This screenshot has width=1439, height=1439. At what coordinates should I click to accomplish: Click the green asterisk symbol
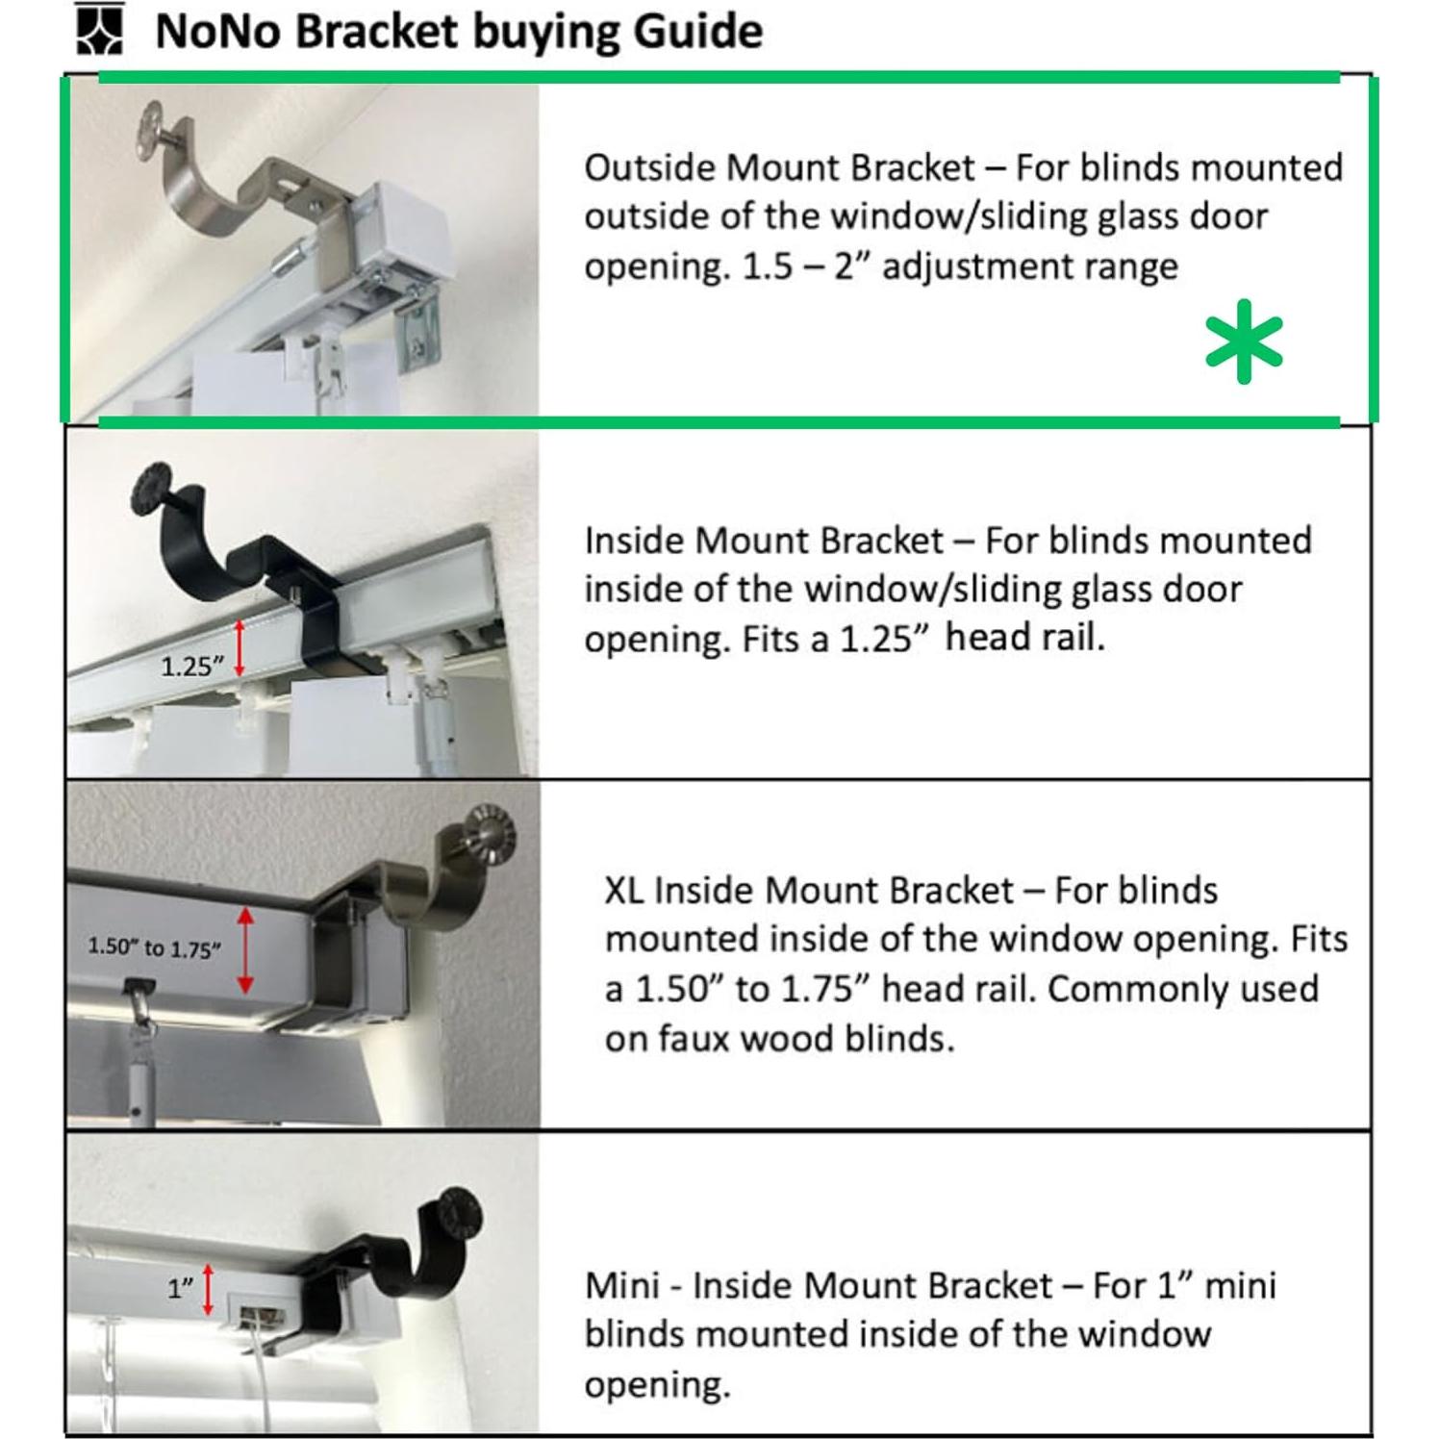pyautogui.click(x=1244, y=341)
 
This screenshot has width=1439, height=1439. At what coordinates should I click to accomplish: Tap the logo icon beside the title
pyautogui.click(x=99, y=29)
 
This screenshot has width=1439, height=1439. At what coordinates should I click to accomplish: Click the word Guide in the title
pyautogui.click(x=697, y=31)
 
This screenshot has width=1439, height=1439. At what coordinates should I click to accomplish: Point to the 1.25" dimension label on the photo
pyautogui.click(x=192, y=666)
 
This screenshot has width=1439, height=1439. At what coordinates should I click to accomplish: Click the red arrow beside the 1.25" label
pyautogui.click(x=240, y=647)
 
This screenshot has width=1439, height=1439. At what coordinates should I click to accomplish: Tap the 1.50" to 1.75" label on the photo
pyautogui.click(x=154, y=948)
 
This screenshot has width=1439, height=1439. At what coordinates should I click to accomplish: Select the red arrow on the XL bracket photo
pyautogui.click(x=245, y=950)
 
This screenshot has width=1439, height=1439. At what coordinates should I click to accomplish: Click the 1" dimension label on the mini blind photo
pyautogui.click(x=181, y=1288)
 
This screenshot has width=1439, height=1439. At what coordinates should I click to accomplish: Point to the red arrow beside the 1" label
pyautogui.click(x=209, y=1289)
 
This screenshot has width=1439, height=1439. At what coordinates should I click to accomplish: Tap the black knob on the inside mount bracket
pyautogui.click(x=152, y=488)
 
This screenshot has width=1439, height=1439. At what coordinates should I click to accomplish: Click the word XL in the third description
pyautogui.click(x=624, y=890)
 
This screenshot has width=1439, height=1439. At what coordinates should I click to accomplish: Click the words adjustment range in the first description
pyautogui.click(x=1029, y=266)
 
